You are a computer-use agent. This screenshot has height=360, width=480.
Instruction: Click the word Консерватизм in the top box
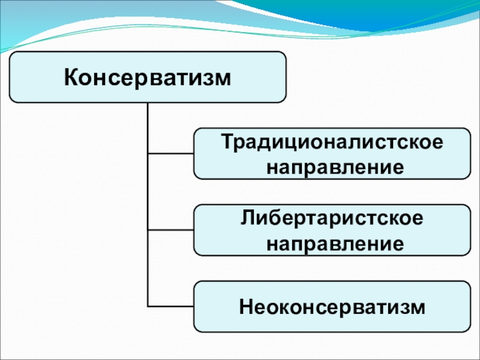pos(148,78)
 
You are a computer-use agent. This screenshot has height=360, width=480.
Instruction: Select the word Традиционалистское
pos(332,143)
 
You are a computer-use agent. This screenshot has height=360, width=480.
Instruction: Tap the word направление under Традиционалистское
pos(335,168)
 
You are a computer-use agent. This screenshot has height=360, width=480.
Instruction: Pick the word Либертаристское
pos(332,218)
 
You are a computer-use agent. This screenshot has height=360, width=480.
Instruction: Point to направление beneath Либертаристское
pos(335,244)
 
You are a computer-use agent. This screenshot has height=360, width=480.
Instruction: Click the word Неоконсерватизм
pos(332,307)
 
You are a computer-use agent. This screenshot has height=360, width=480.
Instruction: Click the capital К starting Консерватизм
pos(71,77)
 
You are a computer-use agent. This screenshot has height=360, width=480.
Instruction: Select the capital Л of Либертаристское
pos(248,218)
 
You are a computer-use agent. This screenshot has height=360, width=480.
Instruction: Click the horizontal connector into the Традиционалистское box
pos(171,154)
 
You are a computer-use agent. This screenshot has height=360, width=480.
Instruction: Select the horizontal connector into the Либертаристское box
pos(171,230)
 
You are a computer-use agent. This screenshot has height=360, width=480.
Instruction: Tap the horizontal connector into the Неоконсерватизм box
pos(171,306)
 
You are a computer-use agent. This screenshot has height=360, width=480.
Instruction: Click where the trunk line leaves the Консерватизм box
pos(148,103)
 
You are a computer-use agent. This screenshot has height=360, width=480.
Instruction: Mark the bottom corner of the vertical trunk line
pos(148,306)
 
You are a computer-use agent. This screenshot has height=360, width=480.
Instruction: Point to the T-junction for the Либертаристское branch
pos(148,230)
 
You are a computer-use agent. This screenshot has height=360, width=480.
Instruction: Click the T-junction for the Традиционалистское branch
pos(148,154)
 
